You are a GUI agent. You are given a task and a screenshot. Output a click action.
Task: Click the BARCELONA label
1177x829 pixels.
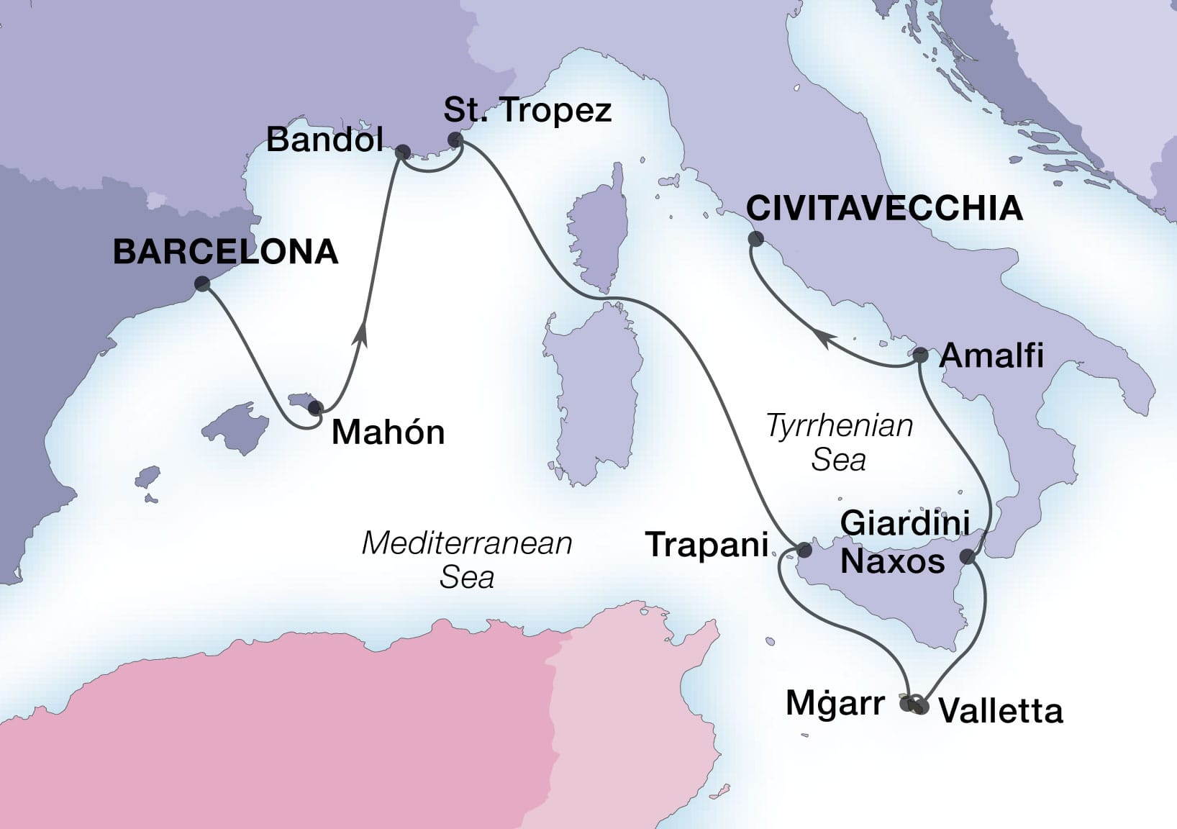226,253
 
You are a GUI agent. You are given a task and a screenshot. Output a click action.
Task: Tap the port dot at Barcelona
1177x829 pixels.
202,284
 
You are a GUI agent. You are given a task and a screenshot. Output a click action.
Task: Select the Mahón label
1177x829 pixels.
388,432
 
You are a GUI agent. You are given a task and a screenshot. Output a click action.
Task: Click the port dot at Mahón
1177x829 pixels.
314,408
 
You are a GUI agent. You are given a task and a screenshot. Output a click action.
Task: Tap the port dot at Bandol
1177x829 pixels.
402,152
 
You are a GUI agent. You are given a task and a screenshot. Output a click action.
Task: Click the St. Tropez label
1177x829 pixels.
527,110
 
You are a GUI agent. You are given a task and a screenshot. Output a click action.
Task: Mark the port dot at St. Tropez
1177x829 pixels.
455,140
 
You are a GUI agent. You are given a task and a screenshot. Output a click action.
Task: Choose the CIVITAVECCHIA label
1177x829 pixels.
884,209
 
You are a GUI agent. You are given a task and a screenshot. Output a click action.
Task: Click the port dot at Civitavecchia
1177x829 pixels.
755,239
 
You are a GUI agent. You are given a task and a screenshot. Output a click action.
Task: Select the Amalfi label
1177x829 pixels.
991,355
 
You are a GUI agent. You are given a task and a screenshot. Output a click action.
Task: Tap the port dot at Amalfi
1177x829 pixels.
920,354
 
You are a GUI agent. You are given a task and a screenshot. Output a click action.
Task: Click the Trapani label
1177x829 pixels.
707,545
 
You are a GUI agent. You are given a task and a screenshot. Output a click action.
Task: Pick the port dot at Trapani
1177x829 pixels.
804,550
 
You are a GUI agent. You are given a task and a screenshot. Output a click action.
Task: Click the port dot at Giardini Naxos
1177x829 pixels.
968,556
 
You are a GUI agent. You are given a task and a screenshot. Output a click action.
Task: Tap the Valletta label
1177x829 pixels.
1001,711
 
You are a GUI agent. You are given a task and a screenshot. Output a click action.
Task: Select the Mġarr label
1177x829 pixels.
835,703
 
